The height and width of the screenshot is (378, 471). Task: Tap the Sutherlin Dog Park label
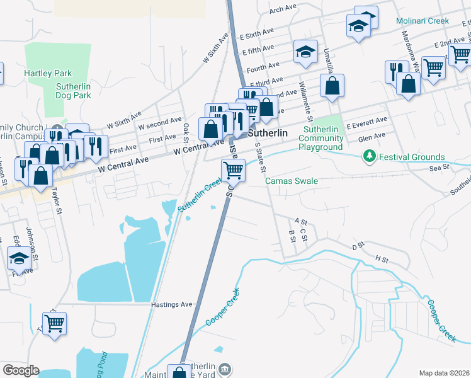point(73,91)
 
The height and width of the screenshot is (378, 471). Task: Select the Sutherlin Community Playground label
point(321,138)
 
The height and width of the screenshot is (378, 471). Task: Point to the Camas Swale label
point(291,181)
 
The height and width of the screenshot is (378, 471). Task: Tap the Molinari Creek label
point(422,21)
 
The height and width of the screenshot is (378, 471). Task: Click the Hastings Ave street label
point(171,304)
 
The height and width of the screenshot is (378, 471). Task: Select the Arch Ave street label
point(282,8)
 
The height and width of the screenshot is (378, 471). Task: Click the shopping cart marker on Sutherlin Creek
point(233,169)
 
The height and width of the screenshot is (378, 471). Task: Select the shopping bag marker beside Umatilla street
point(332,85)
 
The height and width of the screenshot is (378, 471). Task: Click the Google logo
point(21,370)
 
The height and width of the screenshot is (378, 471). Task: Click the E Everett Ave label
point(366,119)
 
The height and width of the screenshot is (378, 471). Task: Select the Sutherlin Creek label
point(199,195)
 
